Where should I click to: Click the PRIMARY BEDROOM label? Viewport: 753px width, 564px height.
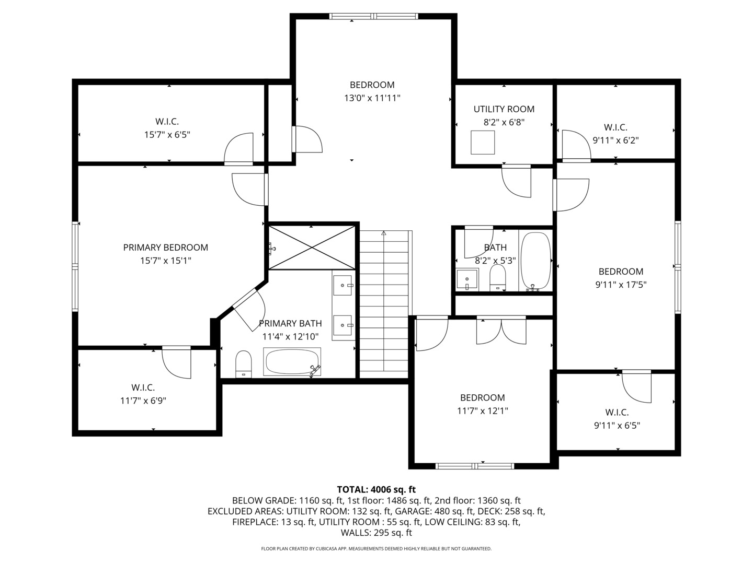pyautogui.click(x=165, y=248)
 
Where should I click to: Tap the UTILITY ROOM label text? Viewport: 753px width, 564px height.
pyautogui.click(x=504, y=109)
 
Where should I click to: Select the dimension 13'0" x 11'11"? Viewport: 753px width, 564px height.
pyautogui.click(x=372, y=98)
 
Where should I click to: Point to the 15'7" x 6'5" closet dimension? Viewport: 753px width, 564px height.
pyautogui.click(x=167, y=135)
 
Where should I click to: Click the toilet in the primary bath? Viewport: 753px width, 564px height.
pyautogui.click(x=244, y=363)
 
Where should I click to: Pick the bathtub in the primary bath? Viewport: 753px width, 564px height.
pyautogui.click(x=292, y=361)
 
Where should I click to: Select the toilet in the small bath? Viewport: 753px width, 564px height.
pyautogui.click(x=497, y=277)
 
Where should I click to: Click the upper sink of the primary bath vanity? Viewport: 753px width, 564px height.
pyautogui.click(x=343, y=285)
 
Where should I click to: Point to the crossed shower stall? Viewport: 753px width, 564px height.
pyautogui.click(x=312, y=247)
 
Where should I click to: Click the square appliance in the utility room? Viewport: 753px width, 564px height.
pyautogui.click(x=482, y=142)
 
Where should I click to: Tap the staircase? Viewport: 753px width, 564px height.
pyautogui.click(x=384, y=303)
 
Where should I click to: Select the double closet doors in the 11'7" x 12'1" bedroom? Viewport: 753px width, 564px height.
pyautogui.click(x=501, y=331)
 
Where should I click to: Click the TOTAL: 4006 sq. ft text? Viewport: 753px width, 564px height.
pyautogui.click(x=376, y=489)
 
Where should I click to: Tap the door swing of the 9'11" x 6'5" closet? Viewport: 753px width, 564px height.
pyautogui.click(x=637, y=387)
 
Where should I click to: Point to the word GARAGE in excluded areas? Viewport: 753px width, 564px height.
pyautogui.click(x=413, y=511)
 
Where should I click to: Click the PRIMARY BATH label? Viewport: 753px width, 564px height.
pyautogui.click(x=290, y=324)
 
